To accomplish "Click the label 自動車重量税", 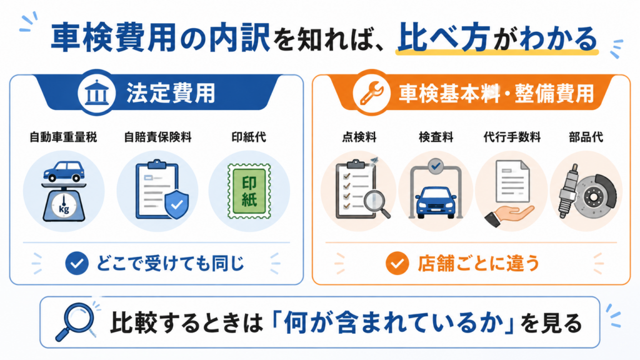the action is click(63, 137).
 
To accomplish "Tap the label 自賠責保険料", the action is click(158, 137).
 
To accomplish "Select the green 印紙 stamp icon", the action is click(249, 191).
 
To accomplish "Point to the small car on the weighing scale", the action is click(64, 171).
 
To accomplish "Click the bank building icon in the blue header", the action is click(97, 92).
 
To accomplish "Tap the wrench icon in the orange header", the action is click(372, 94).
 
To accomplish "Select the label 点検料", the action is click(359, 137).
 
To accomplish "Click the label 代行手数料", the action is click(512, 137).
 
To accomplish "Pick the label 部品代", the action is click(586, 137).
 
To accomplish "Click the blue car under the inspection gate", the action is click(436, 202).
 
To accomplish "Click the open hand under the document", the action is click(509, 216).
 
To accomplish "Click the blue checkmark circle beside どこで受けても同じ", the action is click(77, 263).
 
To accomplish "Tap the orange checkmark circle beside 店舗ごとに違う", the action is click(397, 263).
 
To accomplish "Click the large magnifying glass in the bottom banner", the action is click(76, 321).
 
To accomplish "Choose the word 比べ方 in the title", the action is click(444, 38).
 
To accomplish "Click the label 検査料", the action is click(436, 137).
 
